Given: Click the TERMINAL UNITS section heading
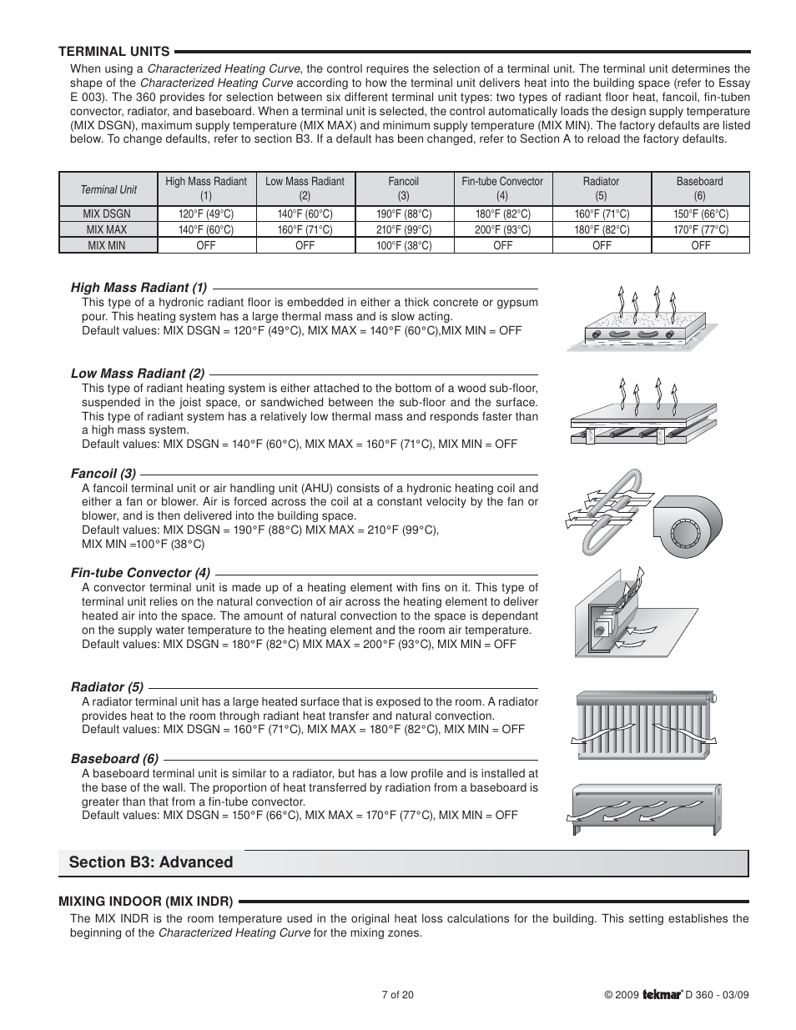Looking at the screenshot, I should tap(113, 51).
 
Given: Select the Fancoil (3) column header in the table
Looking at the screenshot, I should tap(404, 188).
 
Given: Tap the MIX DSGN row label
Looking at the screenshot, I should tap(108, 214).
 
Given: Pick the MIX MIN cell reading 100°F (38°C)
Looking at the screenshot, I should tap(404, 245).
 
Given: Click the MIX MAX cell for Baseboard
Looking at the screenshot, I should tap(700, 229).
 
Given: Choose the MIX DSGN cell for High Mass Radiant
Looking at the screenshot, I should tap(206, 214).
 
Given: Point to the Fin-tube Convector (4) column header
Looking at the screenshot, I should tap(502, 188).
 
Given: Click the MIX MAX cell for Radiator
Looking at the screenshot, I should tap(601, 229).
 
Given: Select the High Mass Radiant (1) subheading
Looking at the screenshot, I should tap(139, 288).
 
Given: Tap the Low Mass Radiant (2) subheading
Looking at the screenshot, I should tap(138, 373).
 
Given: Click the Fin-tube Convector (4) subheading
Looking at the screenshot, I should tap(140, 572).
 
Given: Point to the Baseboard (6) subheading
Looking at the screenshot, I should tap(114, 759).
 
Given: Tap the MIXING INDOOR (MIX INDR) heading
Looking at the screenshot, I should tap(146, 901).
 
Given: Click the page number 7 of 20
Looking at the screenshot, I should tap(397, 995).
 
